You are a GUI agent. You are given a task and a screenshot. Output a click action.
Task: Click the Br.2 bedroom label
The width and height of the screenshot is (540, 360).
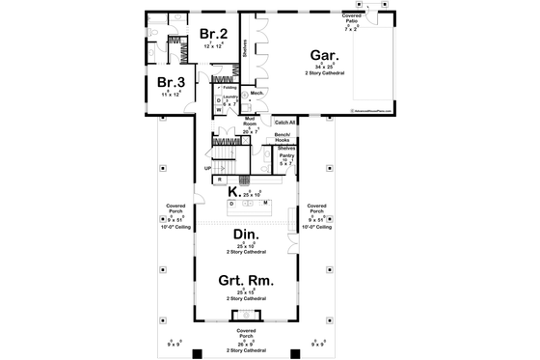[x=212, y=35]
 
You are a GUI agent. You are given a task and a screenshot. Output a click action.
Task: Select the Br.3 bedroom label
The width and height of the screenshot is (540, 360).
[x=170, y=82]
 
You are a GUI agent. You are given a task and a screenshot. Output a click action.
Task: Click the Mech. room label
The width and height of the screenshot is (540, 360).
[x=257, y=94]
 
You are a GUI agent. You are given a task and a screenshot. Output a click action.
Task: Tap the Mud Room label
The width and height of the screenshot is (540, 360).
[x=250, y=121]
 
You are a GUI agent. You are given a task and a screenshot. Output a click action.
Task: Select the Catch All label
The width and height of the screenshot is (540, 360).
[x=284, y=123]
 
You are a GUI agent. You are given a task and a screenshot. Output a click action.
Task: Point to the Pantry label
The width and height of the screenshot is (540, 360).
[x=286, y=155]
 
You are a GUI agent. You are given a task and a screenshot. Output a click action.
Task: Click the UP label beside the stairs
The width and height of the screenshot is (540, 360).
[x=206, y=167]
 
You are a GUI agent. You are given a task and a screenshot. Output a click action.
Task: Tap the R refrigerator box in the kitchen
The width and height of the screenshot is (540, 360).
[x=220, y=180]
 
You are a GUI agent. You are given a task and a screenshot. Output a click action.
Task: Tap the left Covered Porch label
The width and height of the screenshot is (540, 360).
[x=175, y=208]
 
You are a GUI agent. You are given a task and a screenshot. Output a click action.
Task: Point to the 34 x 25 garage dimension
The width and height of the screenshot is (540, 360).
[x=322, y=67]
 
